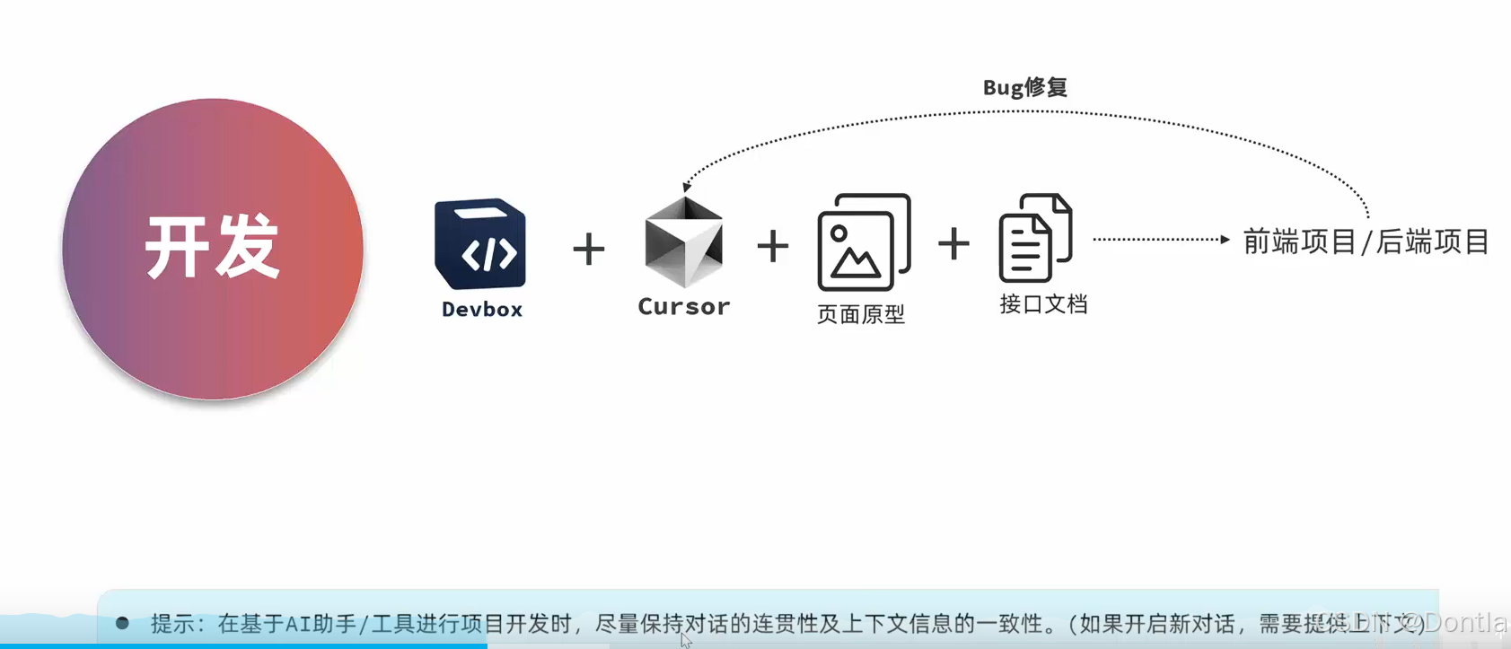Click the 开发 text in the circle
pyautogui.click(x=213, y=247)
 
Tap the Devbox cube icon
pyautogui.click(x=480, y=244)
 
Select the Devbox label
pyautogui.click(x=482, y=310)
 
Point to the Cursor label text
pyautogui.click(x=684, y=307)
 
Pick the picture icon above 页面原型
pyautogui.click(x=863, y=242)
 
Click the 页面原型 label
pyautogui.click(x=861, y=314)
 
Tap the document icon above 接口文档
pyautogui.click(x=1035, y=239)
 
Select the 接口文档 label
pyautogui.click(x=1043, y=304)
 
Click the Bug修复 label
pyautogui.click(x=1025, y=88)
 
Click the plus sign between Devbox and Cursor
pyautogui.click(x=589, y=249)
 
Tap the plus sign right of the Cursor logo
pyautogui.click(x=773, y=246)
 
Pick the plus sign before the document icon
pyautogui.click(x=953, y=243)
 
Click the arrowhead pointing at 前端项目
pyautogui.click(x=1225, y=240)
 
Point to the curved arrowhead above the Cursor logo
pyautogui.click(x=687, y=187)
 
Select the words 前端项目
pyautogui.click(x=1299, y=241)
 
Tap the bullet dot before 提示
pyautogui.click(x=122, y=622)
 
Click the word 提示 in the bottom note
pyautogui.click(x=172, y=623)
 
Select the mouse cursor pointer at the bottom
pyautogui.click(x=686, y=640)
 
